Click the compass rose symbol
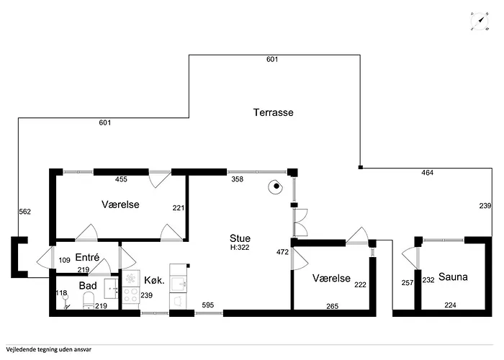click(480, 21)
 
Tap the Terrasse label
click(273, 112)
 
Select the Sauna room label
click(453, 276)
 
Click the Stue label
click(240, 238)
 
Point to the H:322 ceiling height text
click(240, 248)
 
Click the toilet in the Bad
click(89, 300)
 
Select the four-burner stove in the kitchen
click(131, 294)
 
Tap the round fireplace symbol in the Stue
click(276, 186)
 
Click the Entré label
click(87, 257)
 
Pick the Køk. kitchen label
click(154, 280)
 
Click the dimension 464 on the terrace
click(427, 173)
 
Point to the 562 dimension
click(24, 212)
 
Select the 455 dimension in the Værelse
click(121, 179)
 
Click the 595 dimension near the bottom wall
click(208, 305)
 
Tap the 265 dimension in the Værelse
click(332, 306)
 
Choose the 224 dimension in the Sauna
click(450, 305)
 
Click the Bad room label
click(88, 285)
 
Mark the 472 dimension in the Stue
click(282, 252)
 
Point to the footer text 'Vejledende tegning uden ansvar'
click(48, 349)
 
